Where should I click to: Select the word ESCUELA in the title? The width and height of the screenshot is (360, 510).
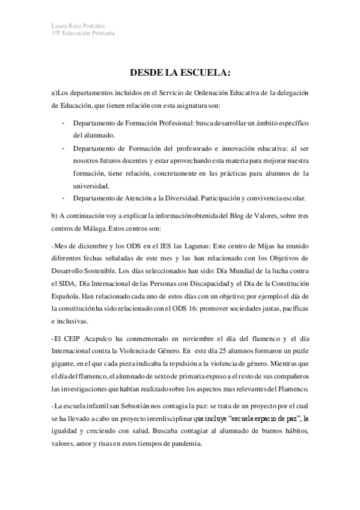(x=204, y=73)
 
